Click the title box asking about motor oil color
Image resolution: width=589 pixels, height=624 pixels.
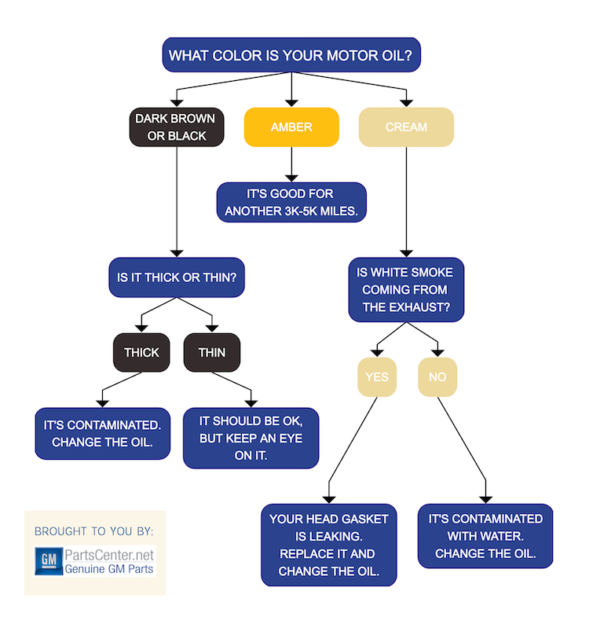[x=291, y=56]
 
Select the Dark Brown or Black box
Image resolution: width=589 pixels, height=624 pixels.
[x=177, y=127]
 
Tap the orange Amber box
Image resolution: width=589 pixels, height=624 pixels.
[x=291, y=127]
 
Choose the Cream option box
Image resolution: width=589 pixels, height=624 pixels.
[x=406, y=127]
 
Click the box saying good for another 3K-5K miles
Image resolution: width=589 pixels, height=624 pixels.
[x=291, y=202]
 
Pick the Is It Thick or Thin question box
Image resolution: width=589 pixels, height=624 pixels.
[x=176, y=277]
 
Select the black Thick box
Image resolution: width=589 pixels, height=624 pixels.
[x=141, y=352]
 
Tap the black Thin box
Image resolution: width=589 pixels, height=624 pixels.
[x=211, y=352]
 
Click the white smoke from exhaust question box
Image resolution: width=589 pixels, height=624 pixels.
[x=406, y=289]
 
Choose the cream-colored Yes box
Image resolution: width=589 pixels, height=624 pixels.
[x=376, y=376]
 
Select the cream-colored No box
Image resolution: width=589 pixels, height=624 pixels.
[x=437, y=376]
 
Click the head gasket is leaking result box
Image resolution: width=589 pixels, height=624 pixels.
[x=329, y=545]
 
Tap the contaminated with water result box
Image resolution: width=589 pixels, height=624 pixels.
[x=485, y=535]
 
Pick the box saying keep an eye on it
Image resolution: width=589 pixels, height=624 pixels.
[x=251, y=437]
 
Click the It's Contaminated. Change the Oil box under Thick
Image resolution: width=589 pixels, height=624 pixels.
[x=102, y=432]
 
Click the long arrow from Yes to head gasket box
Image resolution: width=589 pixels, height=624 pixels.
[x=352, y=448]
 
